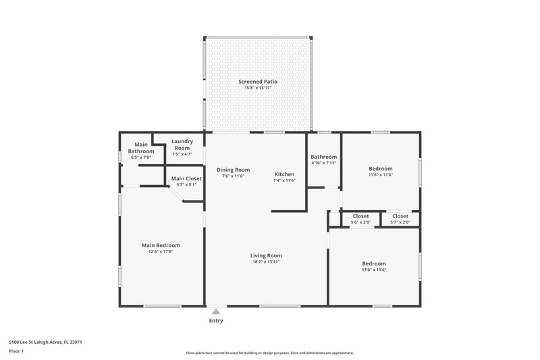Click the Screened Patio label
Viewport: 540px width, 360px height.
[257, 82]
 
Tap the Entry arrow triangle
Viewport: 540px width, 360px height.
[215, 311]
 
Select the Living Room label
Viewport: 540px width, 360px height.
[265, 255]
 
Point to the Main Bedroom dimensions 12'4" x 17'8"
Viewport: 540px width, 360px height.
[161, 251]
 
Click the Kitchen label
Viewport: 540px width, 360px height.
[284, 174]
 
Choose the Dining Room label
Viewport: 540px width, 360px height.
[233, 170]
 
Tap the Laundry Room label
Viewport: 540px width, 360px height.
[182, 145]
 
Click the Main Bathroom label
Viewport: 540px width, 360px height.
[141, 148]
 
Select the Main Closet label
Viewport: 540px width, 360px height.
[186, 178]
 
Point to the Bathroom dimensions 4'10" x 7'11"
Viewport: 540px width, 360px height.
[323, 163]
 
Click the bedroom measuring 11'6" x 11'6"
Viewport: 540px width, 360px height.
[381, 172]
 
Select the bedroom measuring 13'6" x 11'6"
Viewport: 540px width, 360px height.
[373, 266]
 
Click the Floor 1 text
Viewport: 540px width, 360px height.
[16, 351]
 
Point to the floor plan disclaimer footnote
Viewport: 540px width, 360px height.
[269, 353]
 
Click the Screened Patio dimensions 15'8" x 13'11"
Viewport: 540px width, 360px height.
[257, 88]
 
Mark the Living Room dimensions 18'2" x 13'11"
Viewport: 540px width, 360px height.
[265, 261]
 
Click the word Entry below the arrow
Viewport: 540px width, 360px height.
[215, 320]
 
